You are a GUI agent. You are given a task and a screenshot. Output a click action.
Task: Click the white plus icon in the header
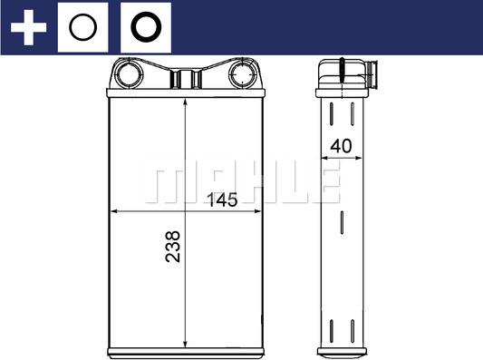[x=28, y=27]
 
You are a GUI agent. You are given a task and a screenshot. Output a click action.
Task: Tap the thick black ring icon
[x=144, y=27]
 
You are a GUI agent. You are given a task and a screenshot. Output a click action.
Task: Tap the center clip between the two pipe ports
[x=185, y=76]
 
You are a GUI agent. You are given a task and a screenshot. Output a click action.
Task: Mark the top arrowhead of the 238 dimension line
[x=185, y=101]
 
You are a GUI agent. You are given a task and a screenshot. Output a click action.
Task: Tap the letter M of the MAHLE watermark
[x=165, y=184]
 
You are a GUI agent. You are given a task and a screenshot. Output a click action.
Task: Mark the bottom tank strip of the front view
[x=185, y=349]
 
